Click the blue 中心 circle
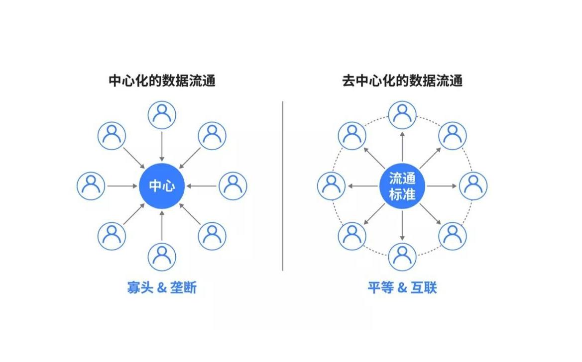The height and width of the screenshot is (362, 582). [x=162, y=186]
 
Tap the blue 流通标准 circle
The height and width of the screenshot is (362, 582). [x=402, y=186]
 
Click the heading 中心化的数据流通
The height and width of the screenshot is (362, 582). [x=162, y=81]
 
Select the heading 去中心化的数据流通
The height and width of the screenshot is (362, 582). [x=402, y=81]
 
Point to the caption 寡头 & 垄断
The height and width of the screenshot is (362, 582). [x=162, y=287]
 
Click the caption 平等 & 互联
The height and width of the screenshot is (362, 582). [x=402, y=287]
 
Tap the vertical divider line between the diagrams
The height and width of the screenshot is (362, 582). [x=283, y=186]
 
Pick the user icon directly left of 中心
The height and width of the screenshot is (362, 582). [x=91, y=186]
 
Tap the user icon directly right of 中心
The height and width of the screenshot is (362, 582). [x=233, y=186]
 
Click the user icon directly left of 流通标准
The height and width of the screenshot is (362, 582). [x=332, y=186]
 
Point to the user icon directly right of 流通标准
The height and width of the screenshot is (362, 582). [x=473, y=186]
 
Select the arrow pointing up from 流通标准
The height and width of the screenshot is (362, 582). [x=402, y=147]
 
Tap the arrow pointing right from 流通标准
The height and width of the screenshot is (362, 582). [x=441, y=186]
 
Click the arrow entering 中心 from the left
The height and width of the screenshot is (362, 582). [x=122, y=186]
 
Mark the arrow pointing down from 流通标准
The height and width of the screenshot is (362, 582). [x=402, y=225]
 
